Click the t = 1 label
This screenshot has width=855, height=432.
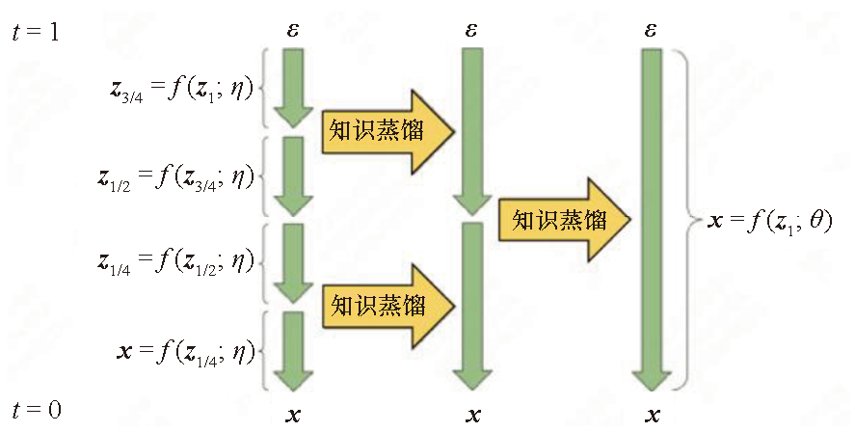[36, 32]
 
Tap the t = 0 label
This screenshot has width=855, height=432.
[37, 410]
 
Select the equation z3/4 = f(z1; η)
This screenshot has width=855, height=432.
[182, 90]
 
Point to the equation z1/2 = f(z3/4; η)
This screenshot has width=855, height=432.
[176, 177]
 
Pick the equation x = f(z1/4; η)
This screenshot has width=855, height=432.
[186, 352]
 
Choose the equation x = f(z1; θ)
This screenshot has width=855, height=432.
[770, 221]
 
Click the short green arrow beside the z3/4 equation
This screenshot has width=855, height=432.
[293, 89]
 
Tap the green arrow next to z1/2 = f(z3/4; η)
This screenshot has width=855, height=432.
[293, 175]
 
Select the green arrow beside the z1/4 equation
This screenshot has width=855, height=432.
[293, 263]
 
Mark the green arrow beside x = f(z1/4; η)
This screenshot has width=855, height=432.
[293, 351]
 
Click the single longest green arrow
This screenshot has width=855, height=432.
[652, 220]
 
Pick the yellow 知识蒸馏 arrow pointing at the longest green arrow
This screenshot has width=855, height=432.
[564, 220]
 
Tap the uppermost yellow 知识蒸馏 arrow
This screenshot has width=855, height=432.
[387, 131]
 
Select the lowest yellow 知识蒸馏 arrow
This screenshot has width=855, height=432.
[387, 306]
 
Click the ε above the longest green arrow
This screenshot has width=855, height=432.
[650, 30]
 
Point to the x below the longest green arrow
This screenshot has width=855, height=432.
[653, 416]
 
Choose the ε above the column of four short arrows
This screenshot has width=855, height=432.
[293, 30]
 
